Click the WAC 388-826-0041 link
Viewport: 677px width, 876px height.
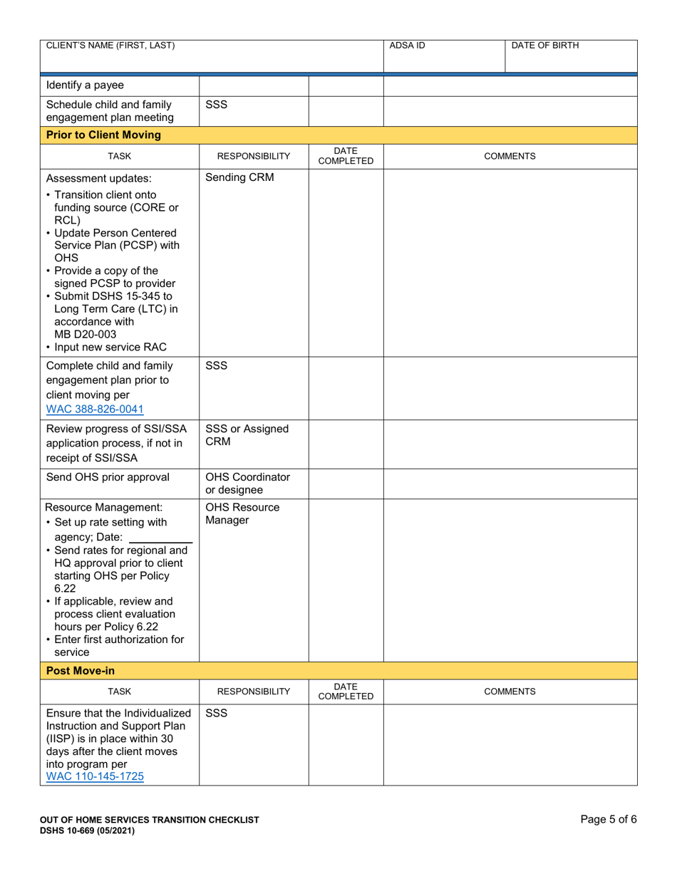point(95,410)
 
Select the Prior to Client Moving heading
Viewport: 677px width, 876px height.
point(103,135)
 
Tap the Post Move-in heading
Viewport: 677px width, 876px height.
point(80,671)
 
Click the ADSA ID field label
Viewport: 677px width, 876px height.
point(407,46)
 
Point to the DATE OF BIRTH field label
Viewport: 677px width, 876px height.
point(545,46)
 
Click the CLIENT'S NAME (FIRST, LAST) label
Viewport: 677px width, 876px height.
point(110,46)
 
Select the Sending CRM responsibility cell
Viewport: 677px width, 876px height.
point(239,178)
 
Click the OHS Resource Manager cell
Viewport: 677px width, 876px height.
point(242,514)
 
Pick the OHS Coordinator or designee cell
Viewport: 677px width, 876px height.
point(247,484)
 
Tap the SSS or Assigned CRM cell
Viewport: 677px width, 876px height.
point(247,435)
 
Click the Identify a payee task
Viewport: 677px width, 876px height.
point(85,85)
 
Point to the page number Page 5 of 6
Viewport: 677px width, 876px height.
point(608,820)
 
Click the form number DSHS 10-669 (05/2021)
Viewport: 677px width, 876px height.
point(87,830)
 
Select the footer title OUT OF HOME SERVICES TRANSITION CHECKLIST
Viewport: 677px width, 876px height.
point(150,820)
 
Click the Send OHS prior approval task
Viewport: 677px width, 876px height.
point(108,477)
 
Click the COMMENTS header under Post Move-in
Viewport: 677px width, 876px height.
point(510,692)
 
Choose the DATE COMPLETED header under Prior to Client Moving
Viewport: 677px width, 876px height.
point(346,156)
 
